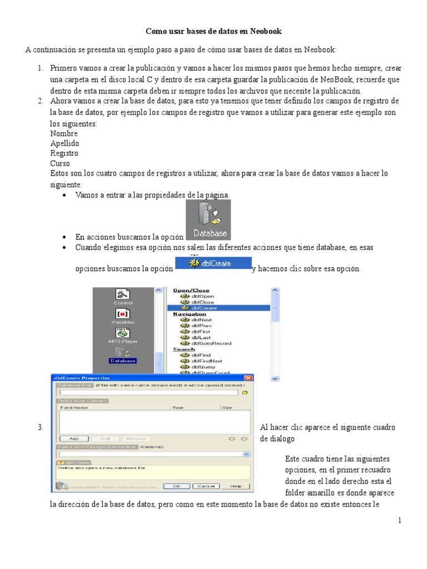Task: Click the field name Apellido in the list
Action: [64, 143]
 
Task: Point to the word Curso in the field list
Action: [60, 163]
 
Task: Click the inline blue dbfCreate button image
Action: [213, 263]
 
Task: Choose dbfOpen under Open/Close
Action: [203, 296]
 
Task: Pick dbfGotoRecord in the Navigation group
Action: [211, 343]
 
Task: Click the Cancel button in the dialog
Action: [206, 486]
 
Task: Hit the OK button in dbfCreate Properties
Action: [176, 486]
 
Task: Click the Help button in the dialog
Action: [235, 486]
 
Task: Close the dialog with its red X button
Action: [248, 378]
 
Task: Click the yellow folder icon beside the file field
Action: [244, 392]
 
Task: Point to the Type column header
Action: [178, 407]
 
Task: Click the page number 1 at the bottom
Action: [399, 521]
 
